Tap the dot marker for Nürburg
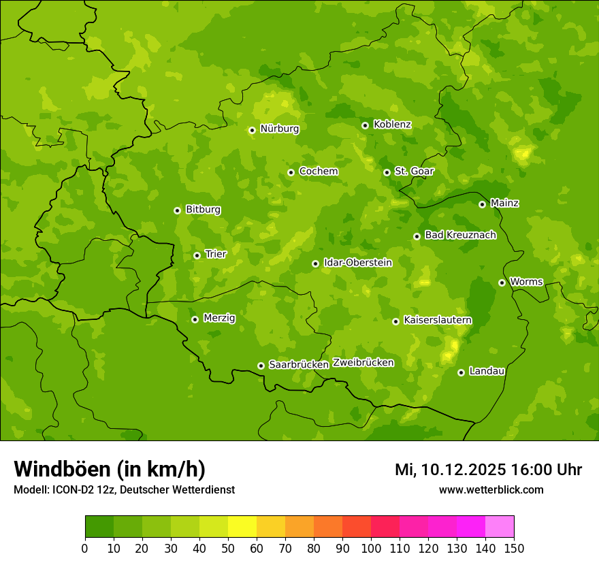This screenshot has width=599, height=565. (x=252, y=130)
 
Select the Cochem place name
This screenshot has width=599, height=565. (x=318, y=172)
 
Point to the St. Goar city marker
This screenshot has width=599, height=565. (x=387, y=172)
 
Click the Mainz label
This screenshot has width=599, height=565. (x=504, y=204)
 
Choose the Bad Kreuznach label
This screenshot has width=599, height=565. (x=460, y=236)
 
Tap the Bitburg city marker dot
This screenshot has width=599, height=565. (x=177, y=210)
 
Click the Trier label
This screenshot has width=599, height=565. (x=215, y=254)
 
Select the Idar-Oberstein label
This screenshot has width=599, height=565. (x=357, y=263)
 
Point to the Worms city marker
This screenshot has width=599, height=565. (x=502, y=282)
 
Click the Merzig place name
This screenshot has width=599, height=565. (x=219, y=318)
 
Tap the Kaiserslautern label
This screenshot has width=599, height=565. (x=437, y=320)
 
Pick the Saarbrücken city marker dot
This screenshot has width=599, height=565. (x=261, y=366)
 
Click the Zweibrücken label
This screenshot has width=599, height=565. (x=363, y=363)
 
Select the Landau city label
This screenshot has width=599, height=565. (x=487, y=371)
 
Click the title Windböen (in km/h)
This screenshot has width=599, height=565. (x=109, y=469)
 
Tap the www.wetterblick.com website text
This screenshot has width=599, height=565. (x=491, y=489)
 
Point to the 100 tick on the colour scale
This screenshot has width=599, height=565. (x=371, y=548)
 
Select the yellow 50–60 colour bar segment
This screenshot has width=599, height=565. (x=242, y=527)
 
